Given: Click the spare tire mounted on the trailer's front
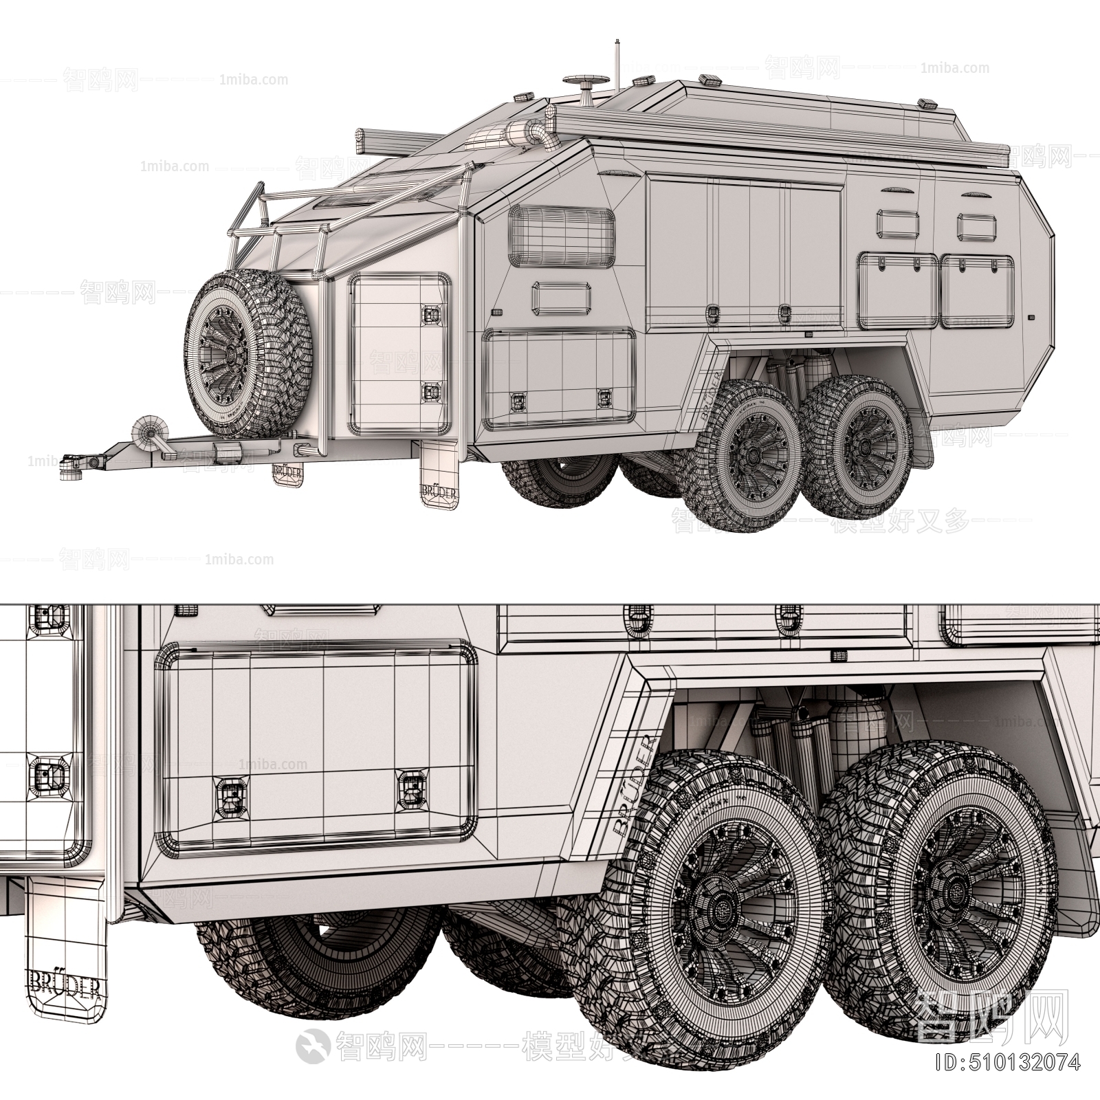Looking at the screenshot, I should pyautogui.click(x=249, y=356).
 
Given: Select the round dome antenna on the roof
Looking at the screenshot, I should pyautogui.click(x=586, y=83).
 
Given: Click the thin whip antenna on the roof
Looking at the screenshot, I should pyautogui.click(x=616, y=65).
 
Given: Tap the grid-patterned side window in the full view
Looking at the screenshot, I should pyautogui.click(x=561, y=236).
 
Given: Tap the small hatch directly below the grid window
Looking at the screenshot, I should pyautogui.click(x=562, y=296).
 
